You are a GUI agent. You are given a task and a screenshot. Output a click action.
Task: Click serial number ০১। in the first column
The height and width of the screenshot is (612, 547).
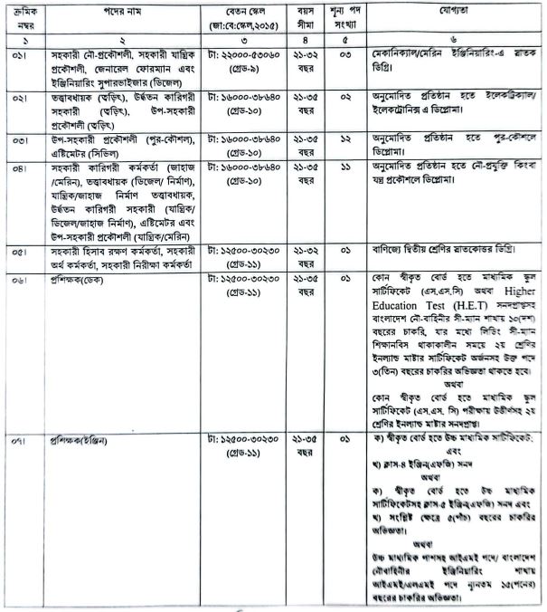click(x=25, y=54)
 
